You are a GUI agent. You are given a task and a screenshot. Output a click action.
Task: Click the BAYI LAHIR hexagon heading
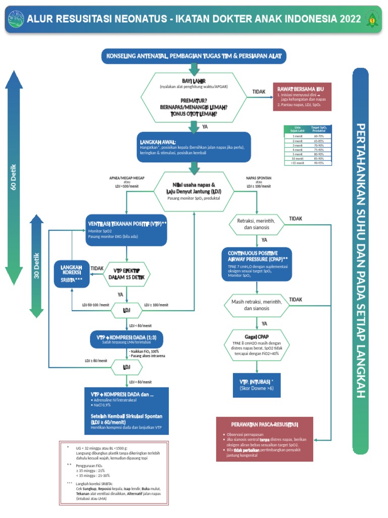coord(193,81)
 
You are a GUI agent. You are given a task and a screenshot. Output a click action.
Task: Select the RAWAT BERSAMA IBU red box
coord(302,96)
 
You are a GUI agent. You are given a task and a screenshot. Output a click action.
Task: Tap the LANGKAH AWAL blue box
coord(193,147)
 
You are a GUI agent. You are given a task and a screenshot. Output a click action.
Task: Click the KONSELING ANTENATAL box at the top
coord(194,56)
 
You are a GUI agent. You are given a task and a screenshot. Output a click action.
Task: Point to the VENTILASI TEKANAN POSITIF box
coord(127,230)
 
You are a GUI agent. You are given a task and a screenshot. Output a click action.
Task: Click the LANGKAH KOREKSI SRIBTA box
coord(71,274)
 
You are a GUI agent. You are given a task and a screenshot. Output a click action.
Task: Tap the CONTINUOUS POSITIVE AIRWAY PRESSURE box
coord(257,264)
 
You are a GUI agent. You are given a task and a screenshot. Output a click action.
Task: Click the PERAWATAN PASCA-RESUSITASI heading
coord(264,424)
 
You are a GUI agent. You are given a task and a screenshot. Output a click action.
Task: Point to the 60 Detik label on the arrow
coord(14,177)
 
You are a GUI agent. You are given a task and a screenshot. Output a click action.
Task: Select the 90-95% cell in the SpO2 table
coord(319,163)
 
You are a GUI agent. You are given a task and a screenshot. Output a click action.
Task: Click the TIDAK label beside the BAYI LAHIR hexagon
coord(259,92)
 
